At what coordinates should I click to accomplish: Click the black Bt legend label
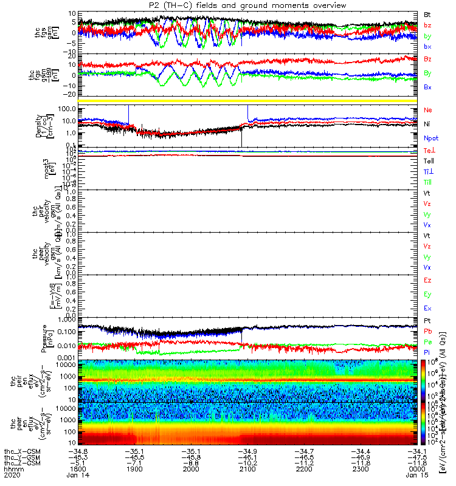427,14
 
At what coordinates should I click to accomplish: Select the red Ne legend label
428,110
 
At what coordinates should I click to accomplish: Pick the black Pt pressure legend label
427,320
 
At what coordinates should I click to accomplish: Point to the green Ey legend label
428,295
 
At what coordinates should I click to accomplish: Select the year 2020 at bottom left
11,476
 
